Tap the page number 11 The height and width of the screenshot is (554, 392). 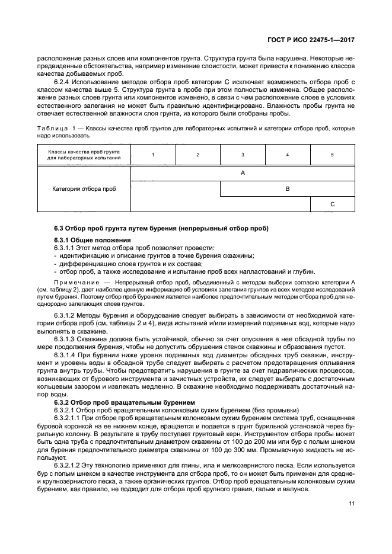352,504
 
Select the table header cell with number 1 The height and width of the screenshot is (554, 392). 153,155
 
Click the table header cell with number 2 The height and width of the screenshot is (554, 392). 198,155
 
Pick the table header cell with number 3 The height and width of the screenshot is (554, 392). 243,155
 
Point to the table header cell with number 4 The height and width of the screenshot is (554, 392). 288,155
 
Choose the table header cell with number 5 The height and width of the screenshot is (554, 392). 332,155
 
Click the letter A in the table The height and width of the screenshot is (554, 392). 243,173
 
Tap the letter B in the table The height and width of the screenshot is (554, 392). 288,188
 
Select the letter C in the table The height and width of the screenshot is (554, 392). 332,204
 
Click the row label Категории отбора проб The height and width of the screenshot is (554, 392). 84,188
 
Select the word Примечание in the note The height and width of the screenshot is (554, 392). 74,281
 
